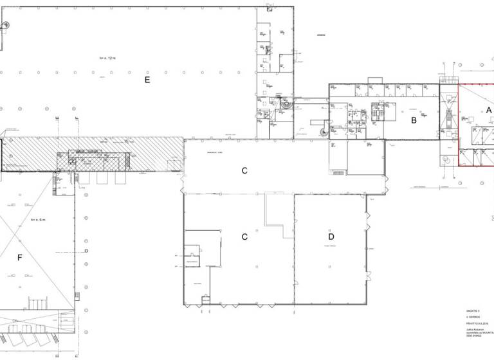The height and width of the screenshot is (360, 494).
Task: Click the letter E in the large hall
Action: point(147,80)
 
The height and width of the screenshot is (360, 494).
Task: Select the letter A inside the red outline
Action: point(488,111)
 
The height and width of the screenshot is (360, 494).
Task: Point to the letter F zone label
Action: point(20,258)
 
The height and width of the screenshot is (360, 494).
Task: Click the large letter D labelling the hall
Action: point(331,236)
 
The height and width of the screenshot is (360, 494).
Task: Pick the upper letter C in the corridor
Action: point(244,170)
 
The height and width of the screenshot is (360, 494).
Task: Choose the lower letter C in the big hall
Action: point(244,236)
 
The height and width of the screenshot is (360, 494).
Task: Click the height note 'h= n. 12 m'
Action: point(107,58)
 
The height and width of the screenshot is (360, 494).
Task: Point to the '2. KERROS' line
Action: point(473,318)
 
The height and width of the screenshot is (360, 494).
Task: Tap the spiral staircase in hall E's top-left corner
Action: point(5,25)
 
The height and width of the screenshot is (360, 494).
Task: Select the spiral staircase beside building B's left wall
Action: point(321,130)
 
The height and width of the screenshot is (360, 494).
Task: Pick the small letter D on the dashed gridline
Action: point(86,251)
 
